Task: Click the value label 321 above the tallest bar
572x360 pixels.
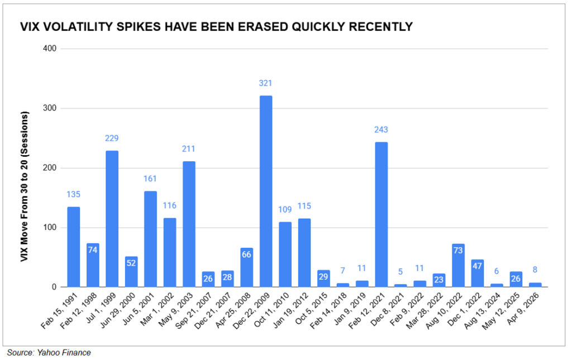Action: click(x=266, y=83)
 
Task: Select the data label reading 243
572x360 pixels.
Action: click(x=382, y=129)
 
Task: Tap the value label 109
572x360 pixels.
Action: click(x=285, y=209)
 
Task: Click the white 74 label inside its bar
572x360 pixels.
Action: click(x=93, y=249)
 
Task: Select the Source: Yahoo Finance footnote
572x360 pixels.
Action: click(x=49, y=353)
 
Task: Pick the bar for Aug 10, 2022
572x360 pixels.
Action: click(x=459, y=266)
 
